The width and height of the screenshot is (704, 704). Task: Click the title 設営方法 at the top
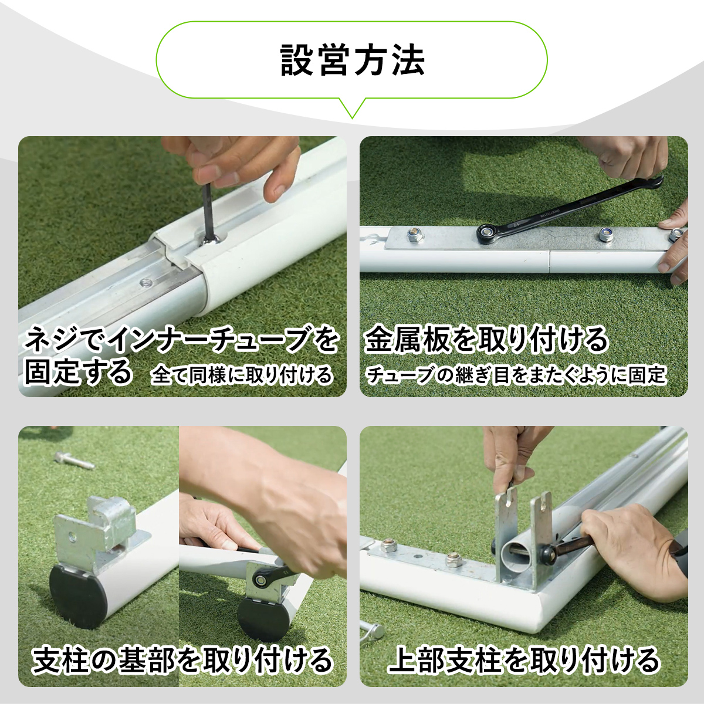pyautogui.click(x=352, y=60)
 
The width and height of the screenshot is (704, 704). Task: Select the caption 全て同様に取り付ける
pyautogui.click(x=242, y=375)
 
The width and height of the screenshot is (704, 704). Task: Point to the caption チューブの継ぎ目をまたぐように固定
pyautogui.click(x=516, y=375)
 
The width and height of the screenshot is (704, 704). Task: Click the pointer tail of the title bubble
pyautogui.click(x=352, y=108)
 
